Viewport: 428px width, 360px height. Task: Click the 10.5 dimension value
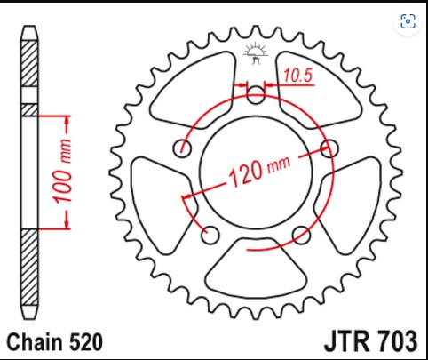point(297,76)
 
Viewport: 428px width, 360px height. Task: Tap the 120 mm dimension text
point(259,171)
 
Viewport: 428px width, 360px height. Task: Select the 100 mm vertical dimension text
point(63,171)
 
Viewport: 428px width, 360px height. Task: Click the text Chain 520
point(55,342)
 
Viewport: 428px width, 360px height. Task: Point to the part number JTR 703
point(371,341)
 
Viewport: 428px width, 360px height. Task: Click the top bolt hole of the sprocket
point(256,95)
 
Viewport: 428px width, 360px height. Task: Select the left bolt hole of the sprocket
point(182,148)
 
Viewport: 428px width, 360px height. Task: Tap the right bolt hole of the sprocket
point(329,148)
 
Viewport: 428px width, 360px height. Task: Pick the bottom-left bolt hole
point(210,235)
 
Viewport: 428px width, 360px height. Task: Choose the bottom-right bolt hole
point(301,235)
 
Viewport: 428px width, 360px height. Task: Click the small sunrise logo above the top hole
point(256,53)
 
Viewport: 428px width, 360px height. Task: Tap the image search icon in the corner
point(408,21)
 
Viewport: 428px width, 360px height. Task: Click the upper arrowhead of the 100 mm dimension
point(67,120)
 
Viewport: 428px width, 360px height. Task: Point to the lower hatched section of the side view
point(29,268)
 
